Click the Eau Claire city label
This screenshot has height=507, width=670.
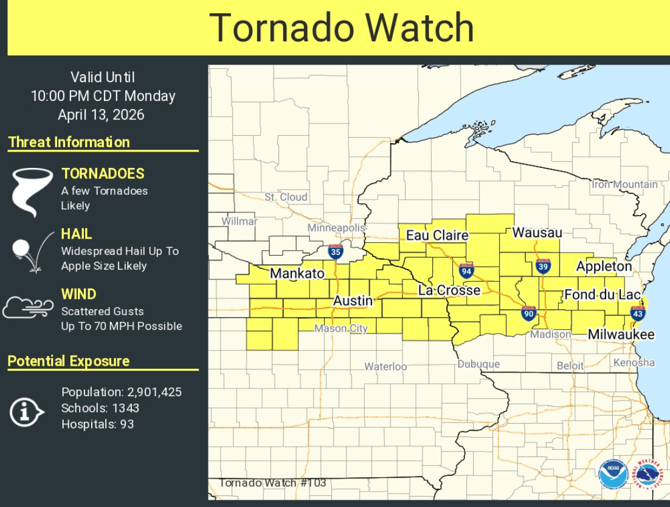click(x=437, y=235)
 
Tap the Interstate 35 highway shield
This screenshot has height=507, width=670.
click(x=335, y=251)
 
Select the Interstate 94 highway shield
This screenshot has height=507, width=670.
click(x=466, y=271)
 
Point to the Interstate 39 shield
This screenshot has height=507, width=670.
click(x=543, y=266)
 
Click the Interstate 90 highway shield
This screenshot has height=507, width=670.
click(x=528, y=313)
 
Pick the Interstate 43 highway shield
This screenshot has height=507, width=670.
click(x=638, y=313)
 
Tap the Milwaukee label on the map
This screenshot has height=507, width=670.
click(x=621, y=335)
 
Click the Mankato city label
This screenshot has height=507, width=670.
click(x=297, y=273)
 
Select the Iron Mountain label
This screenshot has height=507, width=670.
click(x=624, y=184)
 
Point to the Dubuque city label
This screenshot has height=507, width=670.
click(x=478, y=364)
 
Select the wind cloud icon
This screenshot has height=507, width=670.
click(x=28, y=307)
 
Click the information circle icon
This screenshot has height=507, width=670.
click(x=26, y=413)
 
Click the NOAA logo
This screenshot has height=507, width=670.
click(x=612, y=474)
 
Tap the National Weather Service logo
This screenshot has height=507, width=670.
click(x=648, y=474)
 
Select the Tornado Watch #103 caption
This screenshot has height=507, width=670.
click(x=272, y=483)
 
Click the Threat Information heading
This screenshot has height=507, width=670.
click(x=69, y=142)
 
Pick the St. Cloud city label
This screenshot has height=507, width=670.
click(x=286, y=197)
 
